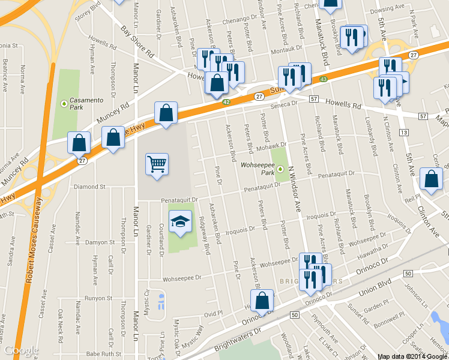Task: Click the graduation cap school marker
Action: click(180, 222)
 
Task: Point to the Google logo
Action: click(22, 350)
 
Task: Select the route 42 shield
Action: click(226, 102)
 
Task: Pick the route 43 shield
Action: click(324, 79)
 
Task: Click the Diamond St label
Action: click(89, 187)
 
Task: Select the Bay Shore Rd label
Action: click(137, 41)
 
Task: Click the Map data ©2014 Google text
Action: click(412, 356)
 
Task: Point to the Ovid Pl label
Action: click(214, 314)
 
